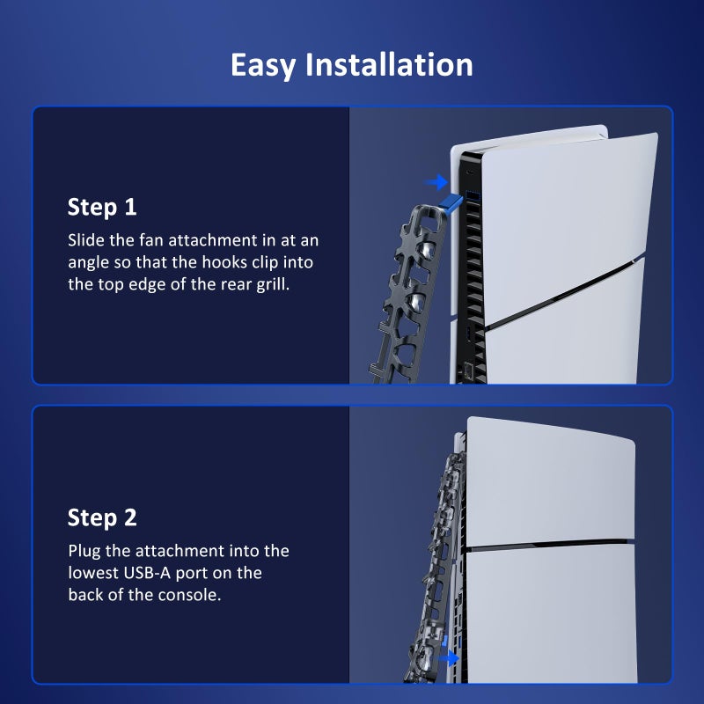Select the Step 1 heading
(x=102, y=208)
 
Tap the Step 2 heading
(x=102, y=517)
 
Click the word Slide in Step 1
(x=84, y=240)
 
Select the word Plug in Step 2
(x=84, y=551)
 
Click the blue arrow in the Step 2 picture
(x=449, y=657)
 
